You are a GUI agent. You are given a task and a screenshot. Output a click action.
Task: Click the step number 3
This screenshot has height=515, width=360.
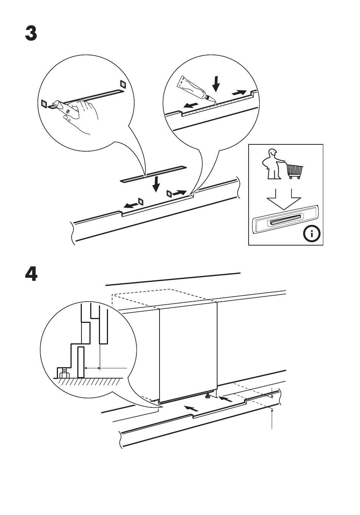coord(31,33)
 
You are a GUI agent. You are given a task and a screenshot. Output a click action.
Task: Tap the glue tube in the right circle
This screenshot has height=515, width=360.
coord(193,89)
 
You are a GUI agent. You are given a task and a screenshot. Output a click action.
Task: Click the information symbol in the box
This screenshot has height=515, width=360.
coord(312,234)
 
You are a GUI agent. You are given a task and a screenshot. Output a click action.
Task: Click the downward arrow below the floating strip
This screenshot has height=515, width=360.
coord(156,185)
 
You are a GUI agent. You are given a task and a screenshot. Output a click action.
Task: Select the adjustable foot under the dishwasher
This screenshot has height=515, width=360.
coord(208,396)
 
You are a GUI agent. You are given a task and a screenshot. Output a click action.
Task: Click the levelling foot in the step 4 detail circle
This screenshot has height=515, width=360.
coord(62,373)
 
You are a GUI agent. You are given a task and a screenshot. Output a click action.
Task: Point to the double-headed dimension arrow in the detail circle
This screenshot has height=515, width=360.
coord(92,368)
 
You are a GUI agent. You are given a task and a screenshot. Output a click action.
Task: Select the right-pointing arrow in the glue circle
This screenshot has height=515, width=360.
coord(239,92)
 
